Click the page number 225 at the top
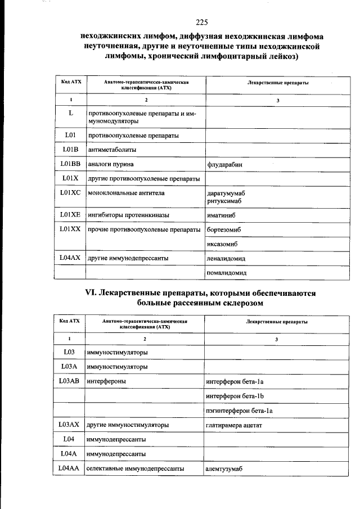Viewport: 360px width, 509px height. pyautogui.click(x=202, y=22)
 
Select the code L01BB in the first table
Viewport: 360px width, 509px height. pyautogui.click(x=70, y=164)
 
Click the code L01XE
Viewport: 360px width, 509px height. pyautogui.click(x=70, y=215)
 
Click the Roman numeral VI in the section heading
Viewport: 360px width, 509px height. pyautogui.click(x=91, y=293)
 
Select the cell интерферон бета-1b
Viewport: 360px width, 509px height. pyautogui.click(x=235, y=397)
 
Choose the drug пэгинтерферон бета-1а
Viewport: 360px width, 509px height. pyautogui.click(x=240, y=411)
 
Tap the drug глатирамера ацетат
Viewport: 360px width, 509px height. pyautogui.click(x=234, y=425)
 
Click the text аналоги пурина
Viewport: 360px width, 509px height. pyautogui.click(x=111, y=165)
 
